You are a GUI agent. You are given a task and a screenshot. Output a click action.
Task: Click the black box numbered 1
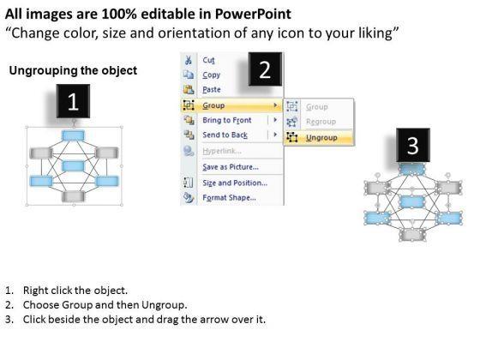pos(73,101)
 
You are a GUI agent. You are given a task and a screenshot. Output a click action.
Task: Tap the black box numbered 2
pos(265,69)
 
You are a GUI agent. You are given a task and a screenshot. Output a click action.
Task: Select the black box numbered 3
pos(413,145)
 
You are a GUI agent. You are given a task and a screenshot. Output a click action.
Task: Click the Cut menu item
pos(208,60)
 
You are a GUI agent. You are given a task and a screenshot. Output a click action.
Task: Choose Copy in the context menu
pos(211,75)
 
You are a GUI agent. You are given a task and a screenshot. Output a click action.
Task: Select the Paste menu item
pos(212,90)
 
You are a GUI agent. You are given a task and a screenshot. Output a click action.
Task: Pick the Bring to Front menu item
pos(227,120)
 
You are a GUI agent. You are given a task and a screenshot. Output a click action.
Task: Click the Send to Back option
pos(225,135)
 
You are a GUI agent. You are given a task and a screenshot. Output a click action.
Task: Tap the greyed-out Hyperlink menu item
pos(222,151)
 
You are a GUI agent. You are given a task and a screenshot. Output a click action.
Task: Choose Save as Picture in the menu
pos(231,167)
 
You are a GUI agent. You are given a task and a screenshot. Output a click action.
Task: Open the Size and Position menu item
pos(235,183)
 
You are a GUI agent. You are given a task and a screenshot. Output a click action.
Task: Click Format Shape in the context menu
pos(230,197)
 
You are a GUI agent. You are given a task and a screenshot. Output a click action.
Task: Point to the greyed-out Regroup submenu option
pos(321,122)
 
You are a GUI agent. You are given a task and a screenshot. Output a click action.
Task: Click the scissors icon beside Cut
pos(189,60)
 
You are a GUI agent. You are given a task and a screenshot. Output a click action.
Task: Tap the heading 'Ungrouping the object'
pos(73,70)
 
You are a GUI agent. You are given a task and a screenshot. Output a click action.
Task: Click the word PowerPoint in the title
pos(253,14)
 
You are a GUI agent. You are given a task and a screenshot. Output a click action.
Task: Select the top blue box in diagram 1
pos(73,135)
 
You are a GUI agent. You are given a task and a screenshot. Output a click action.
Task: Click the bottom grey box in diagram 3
pos(412,235)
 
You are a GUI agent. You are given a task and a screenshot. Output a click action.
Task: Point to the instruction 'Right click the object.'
pos(75,291)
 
